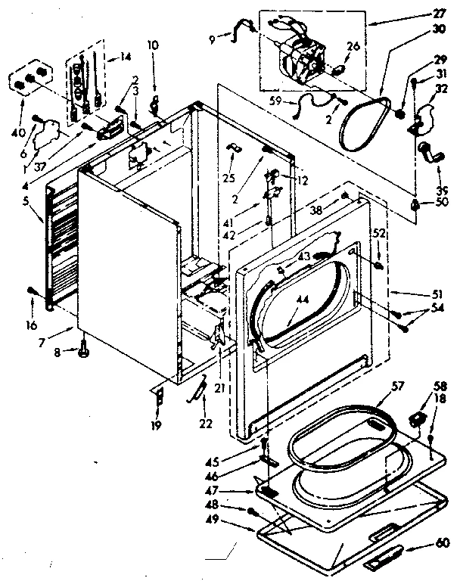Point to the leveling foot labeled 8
tap(83, 349)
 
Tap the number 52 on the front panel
tap(378, 235)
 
